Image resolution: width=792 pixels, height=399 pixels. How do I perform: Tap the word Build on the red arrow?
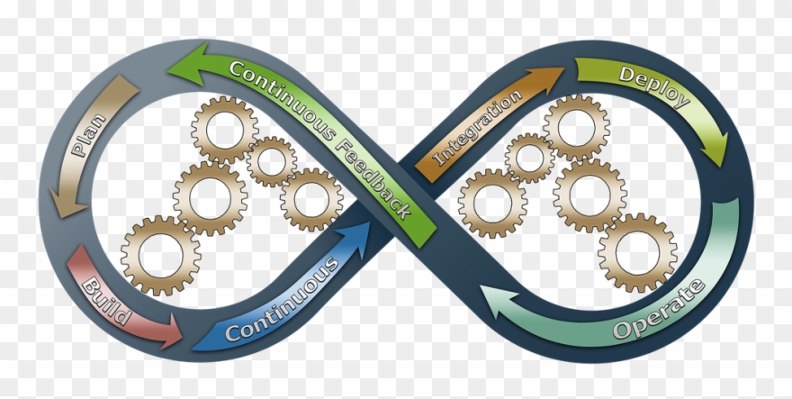click(108, 303)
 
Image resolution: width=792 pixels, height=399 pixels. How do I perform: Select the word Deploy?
click(653, 86)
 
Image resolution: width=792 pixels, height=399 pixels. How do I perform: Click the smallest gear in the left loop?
click(272, 161)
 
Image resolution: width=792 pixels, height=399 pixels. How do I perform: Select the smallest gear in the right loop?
click(529, 159)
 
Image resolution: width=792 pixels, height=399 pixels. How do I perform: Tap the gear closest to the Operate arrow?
click(637, 252)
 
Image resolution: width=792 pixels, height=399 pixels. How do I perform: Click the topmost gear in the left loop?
click(224, 129)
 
